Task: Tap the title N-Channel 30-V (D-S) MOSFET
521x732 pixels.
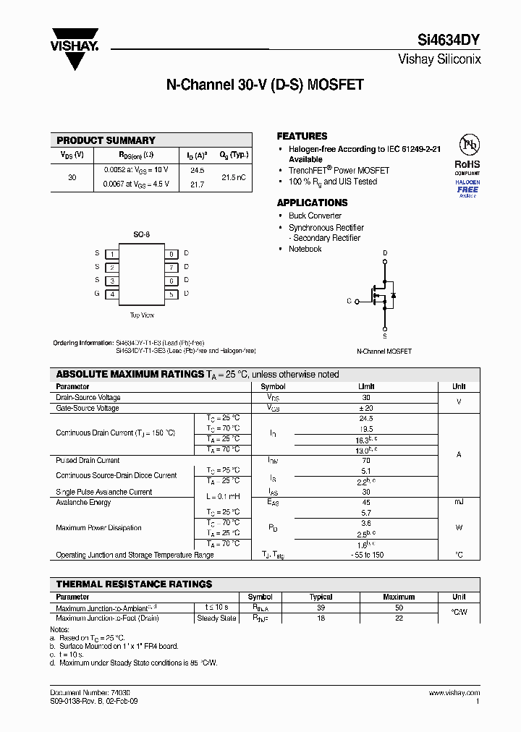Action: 265,85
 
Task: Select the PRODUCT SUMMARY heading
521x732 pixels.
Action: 106,140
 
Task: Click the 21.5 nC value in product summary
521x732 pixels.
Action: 233,177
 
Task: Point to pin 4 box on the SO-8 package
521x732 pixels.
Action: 111,294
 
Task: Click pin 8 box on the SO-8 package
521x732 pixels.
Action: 171,254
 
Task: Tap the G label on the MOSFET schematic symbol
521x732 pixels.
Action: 349,301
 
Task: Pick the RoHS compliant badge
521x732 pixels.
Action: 467,164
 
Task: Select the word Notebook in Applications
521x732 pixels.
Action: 305,249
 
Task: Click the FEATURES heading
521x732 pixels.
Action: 302,136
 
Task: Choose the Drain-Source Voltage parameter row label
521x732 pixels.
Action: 88,397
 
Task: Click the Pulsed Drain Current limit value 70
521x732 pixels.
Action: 366,460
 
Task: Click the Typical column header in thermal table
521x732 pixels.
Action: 321,597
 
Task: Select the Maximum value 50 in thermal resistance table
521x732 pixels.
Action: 399,608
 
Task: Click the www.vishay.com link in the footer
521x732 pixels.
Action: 454,692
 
